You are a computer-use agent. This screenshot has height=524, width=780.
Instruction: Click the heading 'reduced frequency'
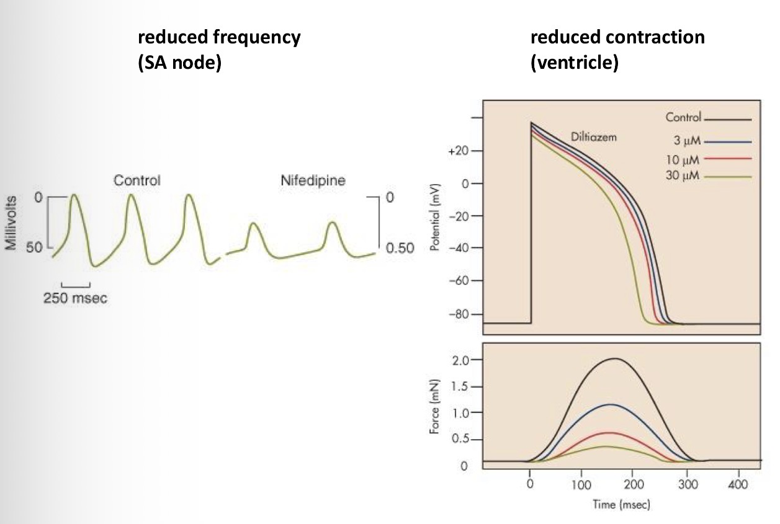click(x=218, y=37)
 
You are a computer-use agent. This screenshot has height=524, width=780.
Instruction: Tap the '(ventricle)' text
click(x=574, y=63)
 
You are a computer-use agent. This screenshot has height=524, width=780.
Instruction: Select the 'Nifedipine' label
click(x=313, y=180)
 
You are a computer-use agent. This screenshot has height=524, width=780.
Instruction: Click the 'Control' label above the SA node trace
click(x=137, y=180)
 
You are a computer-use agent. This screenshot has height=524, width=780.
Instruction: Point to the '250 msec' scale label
click(x=75, y=298)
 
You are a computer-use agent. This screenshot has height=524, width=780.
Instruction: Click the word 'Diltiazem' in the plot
click(x=594, y=137)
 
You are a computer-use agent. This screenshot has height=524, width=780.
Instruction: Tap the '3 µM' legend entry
click(x=685, y=140)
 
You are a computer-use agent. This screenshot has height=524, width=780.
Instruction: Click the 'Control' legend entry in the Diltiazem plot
click(x=683, y=117)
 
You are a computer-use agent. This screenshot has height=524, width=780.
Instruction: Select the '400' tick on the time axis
click(x=738, y=483)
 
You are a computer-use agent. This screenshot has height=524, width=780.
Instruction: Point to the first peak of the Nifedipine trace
click(x=253, y=223)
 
